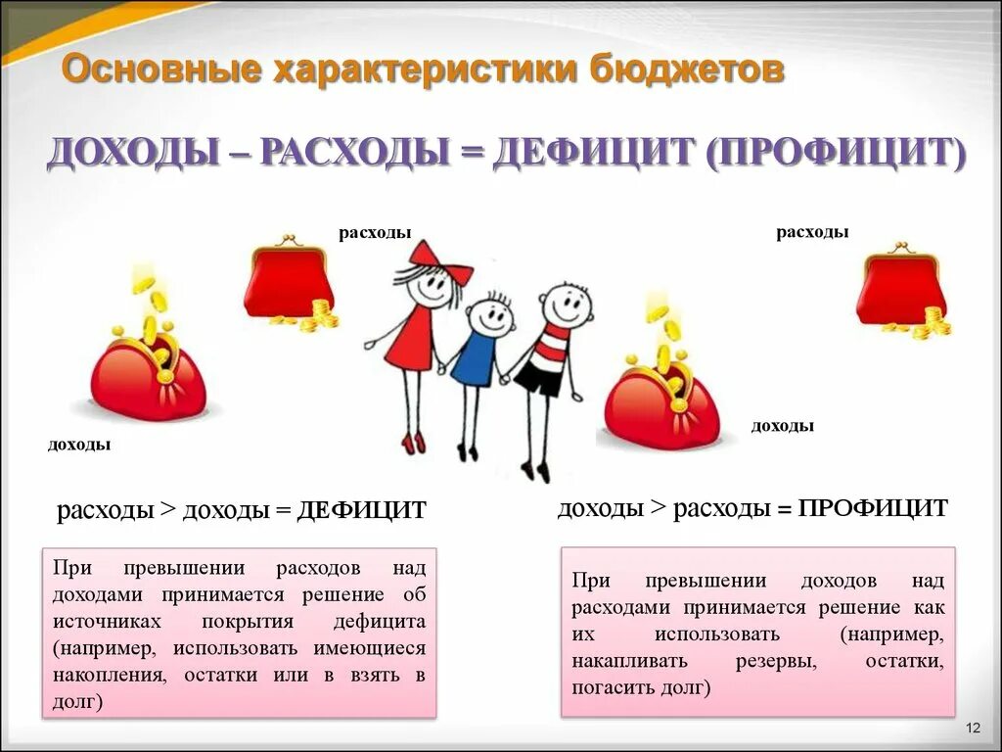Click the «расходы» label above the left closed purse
point(375,232)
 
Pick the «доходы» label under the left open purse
point(79,445)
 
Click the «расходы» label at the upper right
point(812,232)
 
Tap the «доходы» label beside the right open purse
point(783,426)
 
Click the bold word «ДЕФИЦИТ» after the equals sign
point(362,510)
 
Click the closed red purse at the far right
point(901,290)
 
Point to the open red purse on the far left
point(150,377)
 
